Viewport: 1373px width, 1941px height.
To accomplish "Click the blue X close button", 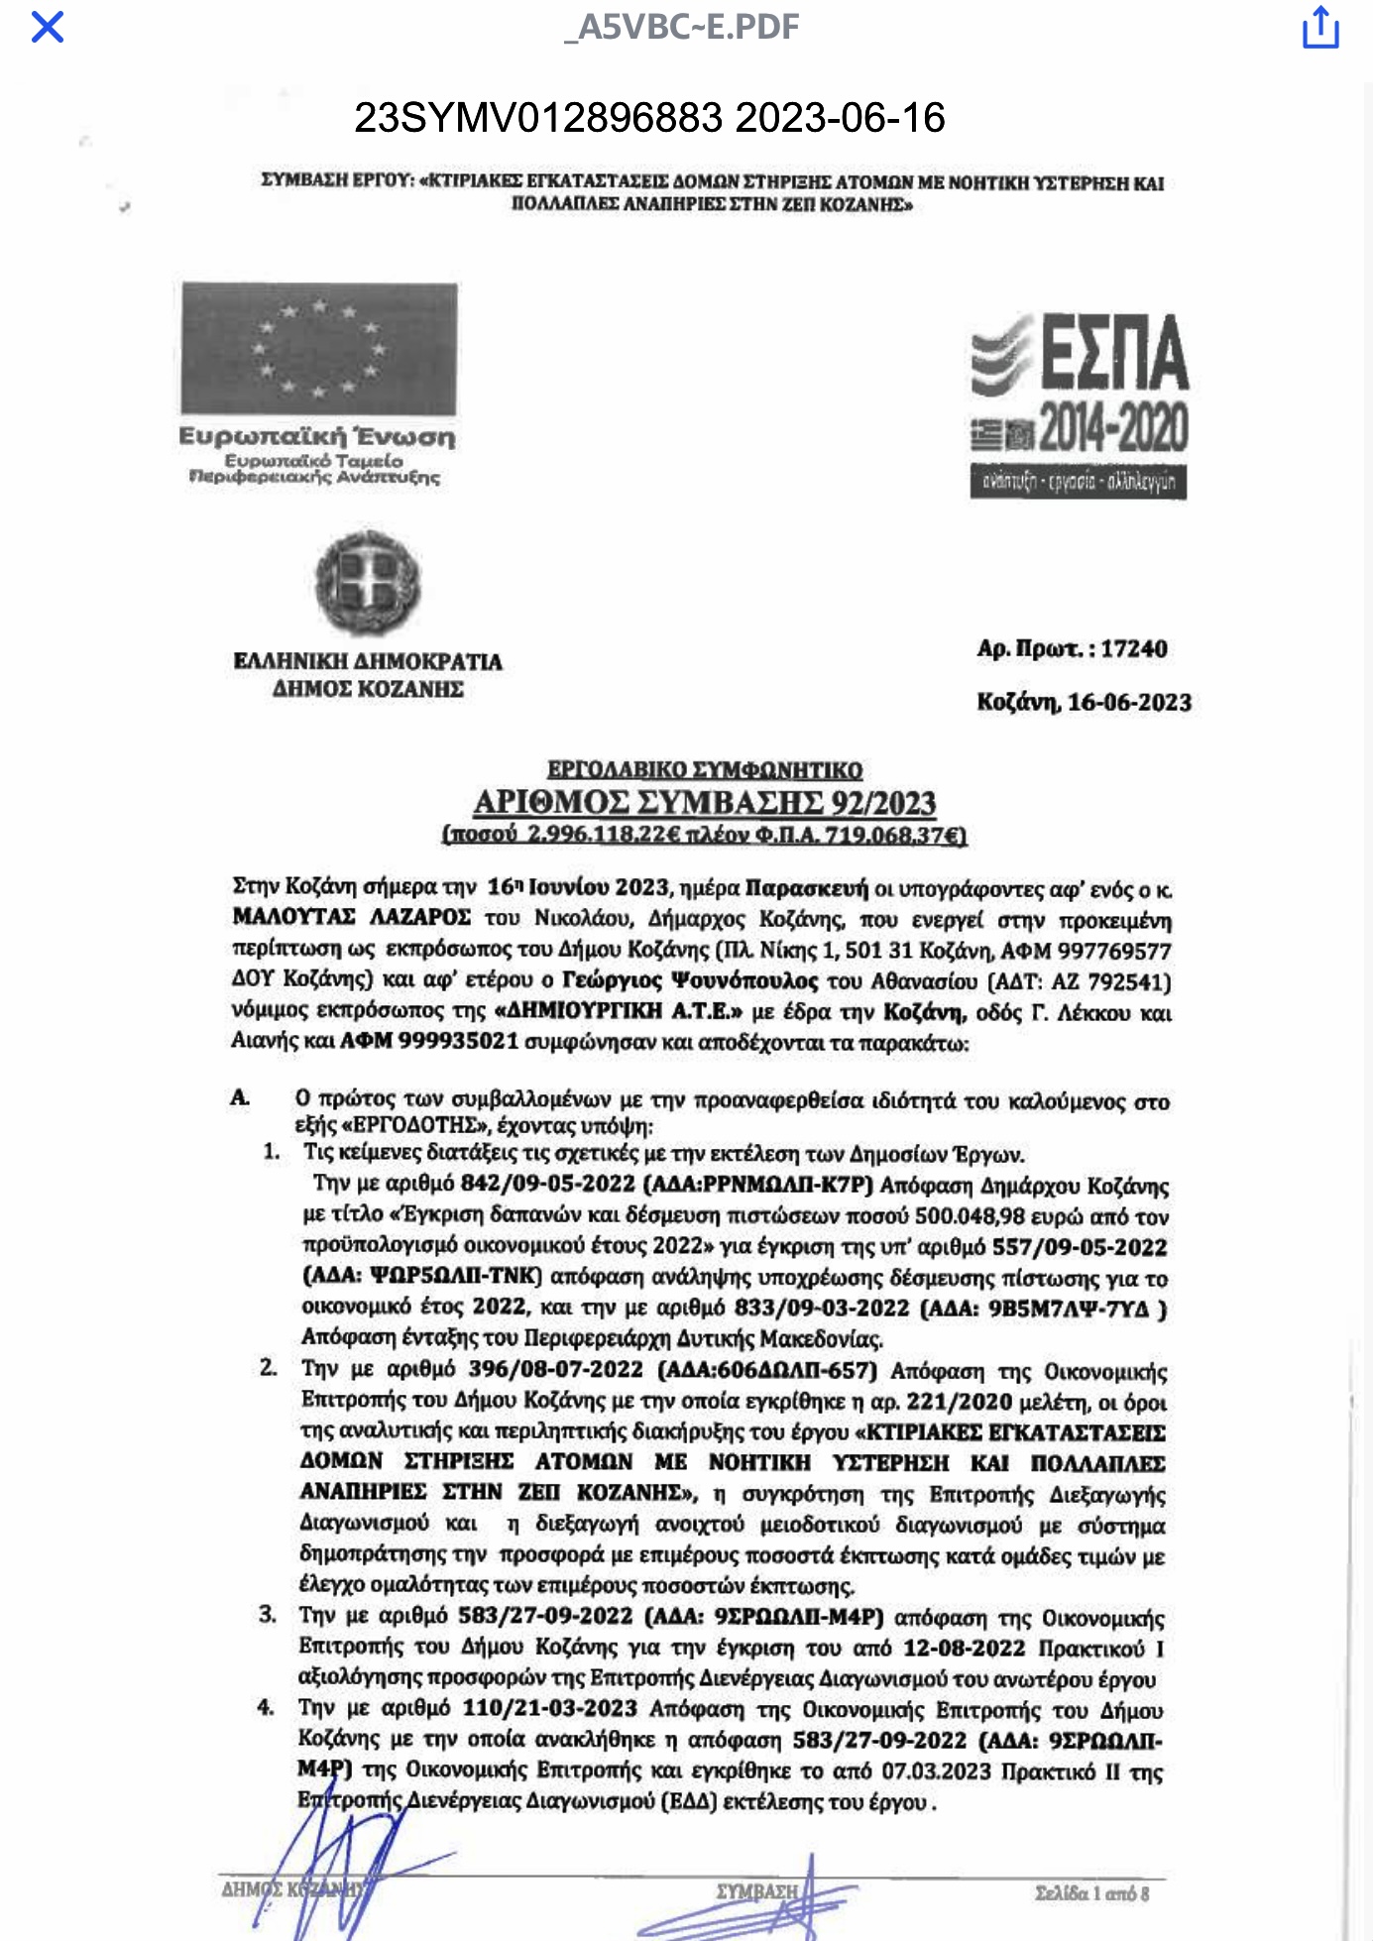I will click(48, 27).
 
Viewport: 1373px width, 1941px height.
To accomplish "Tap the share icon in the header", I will click(1319, 27).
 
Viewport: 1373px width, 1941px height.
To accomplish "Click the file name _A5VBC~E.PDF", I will click(681, 27).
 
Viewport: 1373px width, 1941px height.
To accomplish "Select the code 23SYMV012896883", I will click(538, 118).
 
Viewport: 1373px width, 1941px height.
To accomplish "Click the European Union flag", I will click(318, 348).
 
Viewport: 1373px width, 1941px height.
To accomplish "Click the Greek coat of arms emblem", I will click(368, 582).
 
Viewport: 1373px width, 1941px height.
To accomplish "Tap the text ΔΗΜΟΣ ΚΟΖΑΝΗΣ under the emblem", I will click(368, 689).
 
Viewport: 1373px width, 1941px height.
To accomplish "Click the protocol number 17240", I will click(1134, 648).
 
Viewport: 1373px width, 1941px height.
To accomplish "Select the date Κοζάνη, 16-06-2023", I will click(1084, 702).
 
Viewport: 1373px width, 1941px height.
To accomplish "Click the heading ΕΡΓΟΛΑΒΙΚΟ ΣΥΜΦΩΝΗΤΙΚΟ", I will click(705, 769).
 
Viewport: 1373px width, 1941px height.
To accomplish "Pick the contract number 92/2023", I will click(883, 802).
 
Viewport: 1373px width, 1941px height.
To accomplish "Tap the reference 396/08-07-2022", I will click(555, 1369).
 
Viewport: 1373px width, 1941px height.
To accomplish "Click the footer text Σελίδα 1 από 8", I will click(1091, 1892).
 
